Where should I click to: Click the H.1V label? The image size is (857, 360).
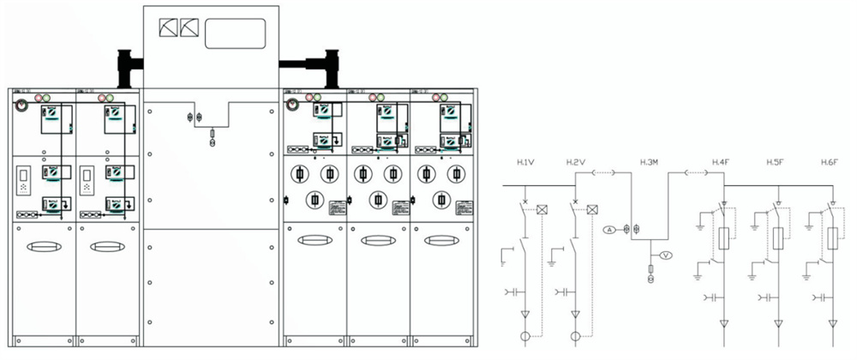point(525,162)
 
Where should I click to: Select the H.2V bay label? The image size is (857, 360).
point(575,162)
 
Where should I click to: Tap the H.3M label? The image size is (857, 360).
point(650,162)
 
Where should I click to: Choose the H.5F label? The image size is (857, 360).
point(776,162)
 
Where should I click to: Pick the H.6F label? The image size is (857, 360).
point(829,162)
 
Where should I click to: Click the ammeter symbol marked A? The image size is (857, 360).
point(609,230)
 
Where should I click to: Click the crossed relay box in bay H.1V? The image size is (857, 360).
point(542,209)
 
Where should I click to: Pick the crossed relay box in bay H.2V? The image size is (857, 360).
point(591,209)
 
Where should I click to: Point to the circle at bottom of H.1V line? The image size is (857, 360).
point(525,336)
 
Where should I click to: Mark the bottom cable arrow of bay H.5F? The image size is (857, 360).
point(778,323)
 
